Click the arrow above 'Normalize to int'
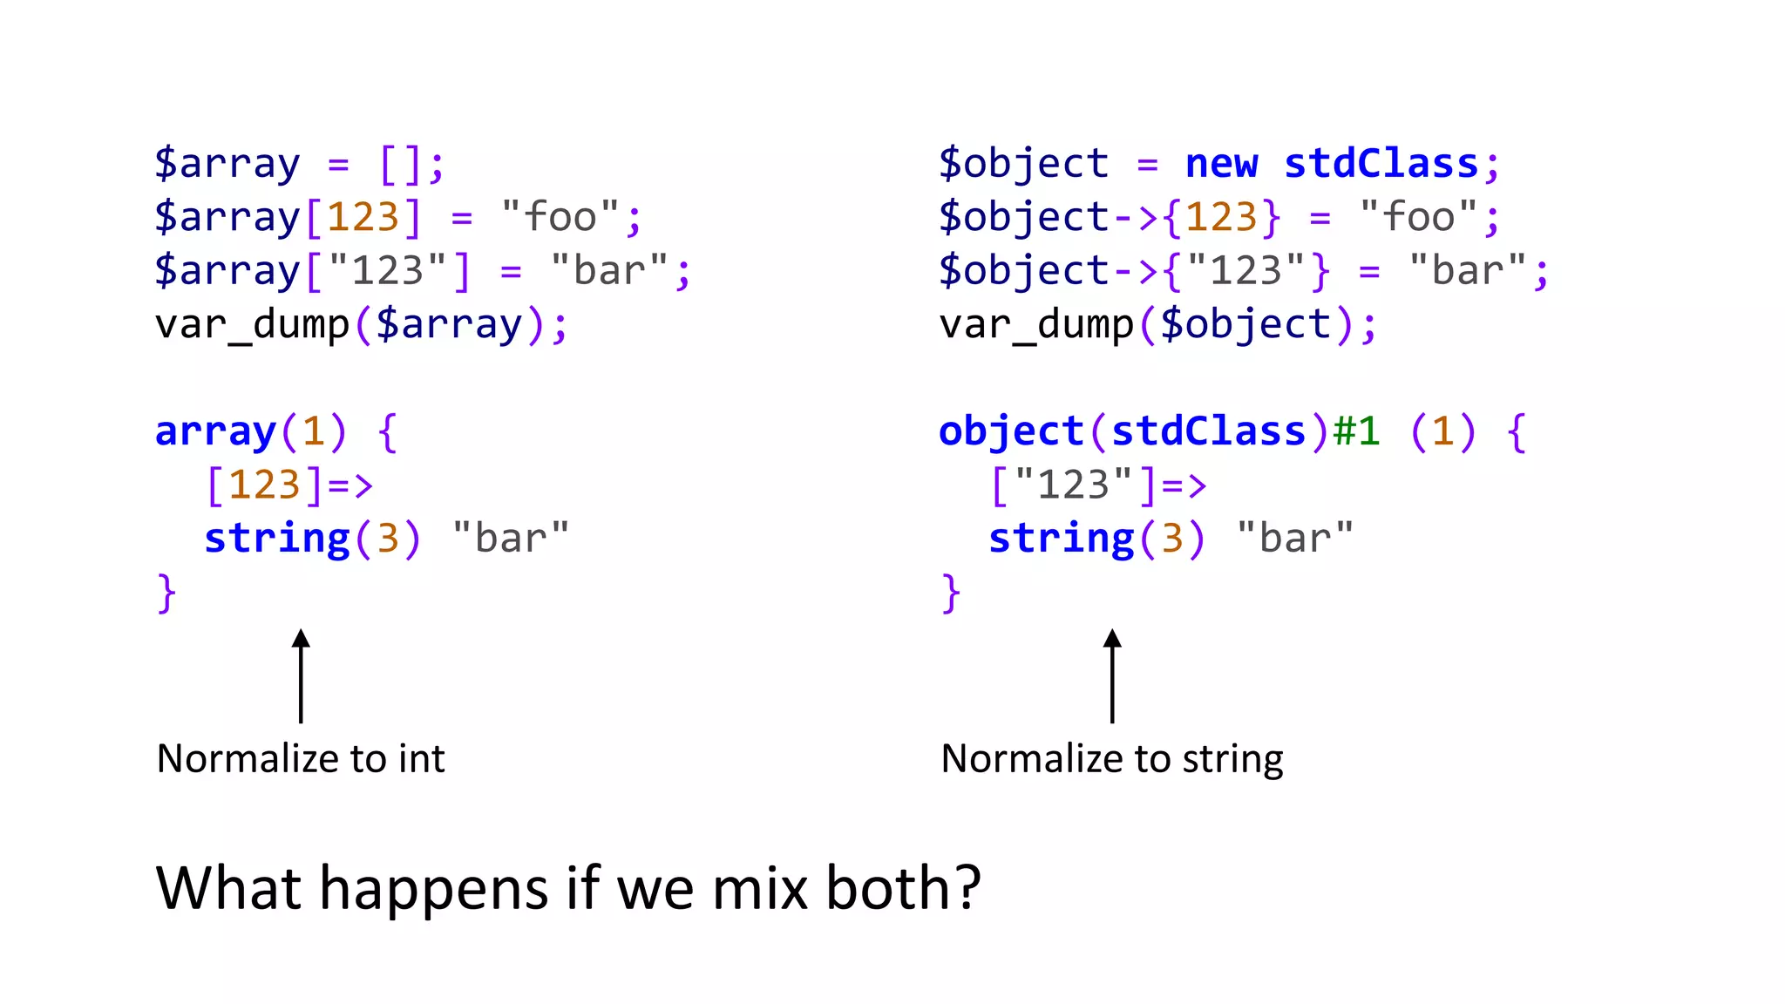(301, 675)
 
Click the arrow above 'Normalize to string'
(1112, 675)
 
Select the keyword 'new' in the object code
(1222, 164)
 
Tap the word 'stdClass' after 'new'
(1381, 164)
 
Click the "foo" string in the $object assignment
(1418, 217)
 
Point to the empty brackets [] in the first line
(401, 164)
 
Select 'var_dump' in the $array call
(252, 325)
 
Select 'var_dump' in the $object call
(1036, 325)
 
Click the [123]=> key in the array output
(289, 485)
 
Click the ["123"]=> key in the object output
(1098, 485)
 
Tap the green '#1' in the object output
(1357, 431)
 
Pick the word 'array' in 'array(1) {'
(215, 431)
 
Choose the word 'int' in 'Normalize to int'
(422, 758)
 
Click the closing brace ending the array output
(166, 594)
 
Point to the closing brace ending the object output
(951, 594)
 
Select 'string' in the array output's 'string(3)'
(277, 539)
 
